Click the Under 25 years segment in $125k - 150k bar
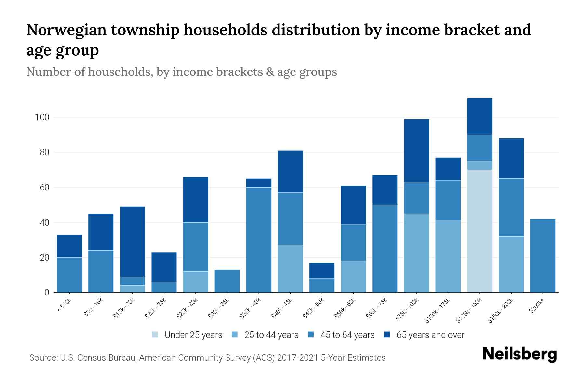coord(479,231)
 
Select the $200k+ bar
coord(543,256)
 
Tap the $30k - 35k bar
coord(227,281)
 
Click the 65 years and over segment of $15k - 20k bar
coord(132,241)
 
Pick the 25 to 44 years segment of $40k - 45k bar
coord(290,269)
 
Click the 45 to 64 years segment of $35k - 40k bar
coord(259,240)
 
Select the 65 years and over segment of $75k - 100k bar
coord(416,150)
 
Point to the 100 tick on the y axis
coord(42,117)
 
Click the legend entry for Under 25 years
coord(193,335)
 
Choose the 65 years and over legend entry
coord(430,335)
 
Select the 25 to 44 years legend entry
coord(271,335)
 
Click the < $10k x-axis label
coord(64,306)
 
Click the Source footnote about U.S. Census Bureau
coord(207,358)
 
